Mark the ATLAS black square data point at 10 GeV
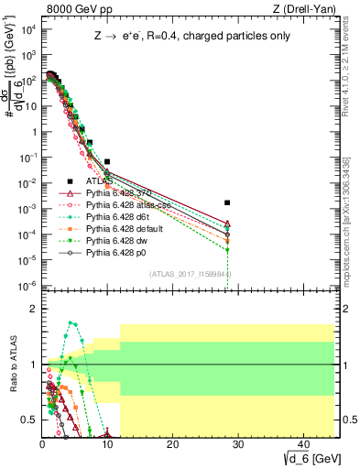coord(107,161)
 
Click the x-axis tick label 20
coord(172,443)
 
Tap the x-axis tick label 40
coord(301,443)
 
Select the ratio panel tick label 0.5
coord(27,420)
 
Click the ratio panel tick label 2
coord(32,309)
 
